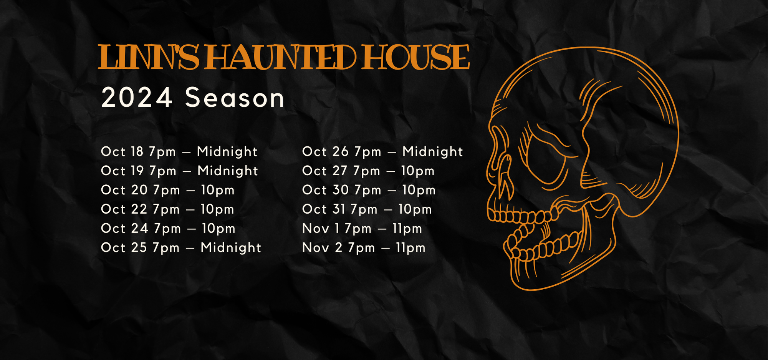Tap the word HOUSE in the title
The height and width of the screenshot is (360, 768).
[x=415, y=58]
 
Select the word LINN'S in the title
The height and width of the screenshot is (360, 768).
[x=149, y=58]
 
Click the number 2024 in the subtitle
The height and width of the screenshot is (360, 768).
[x=137, y=98]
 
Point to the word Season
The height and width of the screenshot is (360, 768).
[x=235, y=98]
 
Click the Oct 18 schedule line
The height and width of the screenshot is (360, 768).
[x=179, y=152]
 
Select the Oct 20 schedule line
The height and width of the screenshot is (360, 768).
[x=167, y=190]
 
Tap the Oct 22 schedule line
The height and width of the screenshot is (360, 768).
[x=167, y=209]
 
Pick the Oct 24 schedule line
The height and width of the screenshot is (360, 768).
[x=168, y=229]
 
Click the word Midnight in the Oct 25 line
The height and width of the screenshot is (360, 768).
[x=231, y=248]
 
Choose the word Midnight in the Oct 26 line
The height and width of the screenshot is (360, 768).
[x=432, y=152]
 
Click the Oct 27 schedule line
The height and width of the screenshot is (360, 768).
[x=368, y=171]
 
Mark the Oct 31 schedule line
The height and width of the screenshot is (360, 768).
[x=367, y=209]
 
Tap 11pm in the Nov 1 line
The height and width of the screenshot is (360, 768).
[x=407, y=229]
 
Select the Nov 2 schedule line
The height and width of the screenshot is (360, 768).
[x=364, y=248]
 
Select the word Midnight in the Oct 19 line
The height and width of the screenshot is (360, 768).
[x=228, y=171]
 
